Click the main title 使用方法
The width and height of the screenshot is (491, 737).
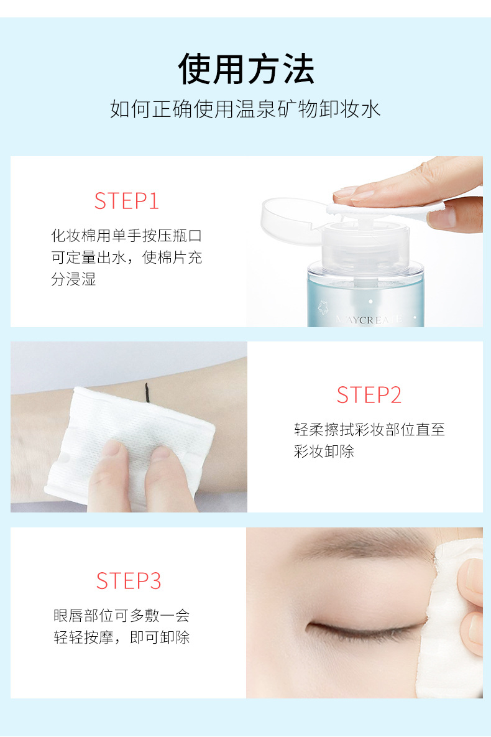pyautogui.click(x=245, y=68)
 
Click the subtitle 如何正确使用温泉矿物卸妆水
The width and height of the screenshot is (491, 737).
pyautogui.click(x=245, y=109)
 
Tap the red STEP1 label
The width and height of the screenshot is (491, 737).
pyautogui.click(x=126, y=201)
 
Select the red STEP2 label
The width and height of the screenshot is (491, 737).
pyautogui.click(x=369, y=395)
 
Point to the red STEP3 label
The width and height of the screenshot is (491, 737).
pyautogui.click(x=129, y=581)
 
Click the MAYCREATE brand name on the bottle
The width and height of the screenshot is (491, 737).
pyautogui.click(x=369, y=320)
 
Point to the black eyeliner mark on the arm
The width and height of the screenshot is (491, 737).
pyautogui.click(x=147, y=393)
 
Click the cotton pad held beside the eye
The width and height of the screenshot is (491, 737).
pyautogui.click(x=449, y=621)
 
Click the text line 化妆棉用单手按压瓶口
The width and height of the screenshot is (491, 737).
pyautogui.click(x=126, y=236)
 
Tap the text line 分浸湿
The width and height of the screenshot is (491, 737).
pyautogui.click(x=74, y=279)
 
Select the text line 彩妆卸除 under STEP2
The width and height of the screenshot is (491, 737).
pyautogui.click(x=324, y=452)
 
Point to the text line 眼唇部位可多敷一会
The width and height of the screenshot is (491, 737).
pyautogui.click(x=121, y=615)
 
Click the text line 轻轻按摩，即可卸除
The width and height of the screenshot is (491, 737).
pyautogui.click(x=121, y=637)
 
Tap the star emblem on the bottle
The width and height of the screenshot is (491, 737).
pyautogui.click(x=323, y=307)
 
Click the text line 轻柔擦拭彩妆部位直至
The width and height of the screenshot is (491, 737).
pyautogui.click(x=369, y=429)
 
